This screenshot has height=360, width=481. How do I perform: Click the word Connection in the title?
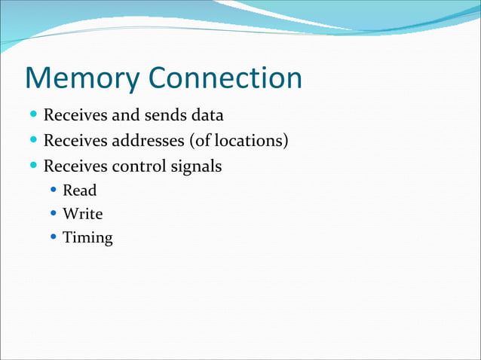tap(225, 78)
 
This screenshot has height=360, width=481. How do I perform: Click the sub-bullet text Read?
tap(80, 191)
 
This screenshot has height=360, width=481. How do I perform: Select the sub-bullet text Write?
tap(83, 214)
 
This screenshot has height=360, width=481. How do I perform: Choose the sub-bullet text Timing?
tap(87, 239)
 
